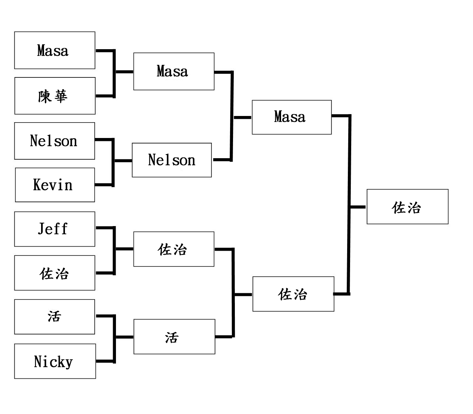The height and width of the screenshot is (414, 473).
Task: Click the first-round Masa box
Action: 55,50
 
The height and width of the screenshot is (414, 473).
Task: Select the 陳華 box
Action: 55,96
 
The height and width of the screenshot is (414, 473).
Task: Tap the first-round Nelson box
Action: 55,141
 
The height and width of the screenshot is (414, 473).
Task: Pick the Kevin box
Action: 55,185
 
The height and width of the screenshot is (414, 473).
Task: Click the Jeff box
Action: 55,229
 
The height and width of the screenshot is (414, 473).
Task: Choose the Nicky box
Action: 55,361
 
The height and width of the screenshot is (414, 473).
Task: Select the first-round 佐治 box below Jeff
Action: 55,273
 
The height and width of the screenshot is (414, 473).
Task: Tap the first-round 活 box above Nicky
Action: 55,317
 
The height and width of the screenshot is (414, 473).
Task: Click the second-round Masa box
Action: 174,71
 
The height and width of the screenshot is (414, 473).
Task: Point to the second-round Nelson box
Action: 172,160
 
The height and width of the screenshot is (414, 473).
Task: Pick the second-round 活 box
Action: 174,337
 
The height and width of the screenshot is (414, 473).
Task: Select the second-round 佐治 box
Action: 174,249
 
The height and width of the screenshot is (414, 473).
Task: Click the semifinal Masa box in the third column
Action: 292,117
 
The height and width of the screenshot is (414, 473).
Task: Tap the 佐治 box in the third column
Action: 293,294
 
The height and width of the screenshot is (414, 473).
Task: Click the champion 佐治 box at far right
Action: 407,207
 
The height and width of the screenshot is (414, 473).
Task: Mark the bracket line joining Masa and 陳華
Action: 114,73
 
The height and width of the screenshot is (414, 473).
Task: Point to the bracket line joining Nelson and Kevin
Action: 113,162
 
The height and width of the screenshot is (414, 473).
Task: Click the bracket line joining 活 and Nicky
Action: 114,339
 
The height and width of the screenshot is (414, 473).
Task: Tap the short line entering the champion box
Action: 358,207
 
